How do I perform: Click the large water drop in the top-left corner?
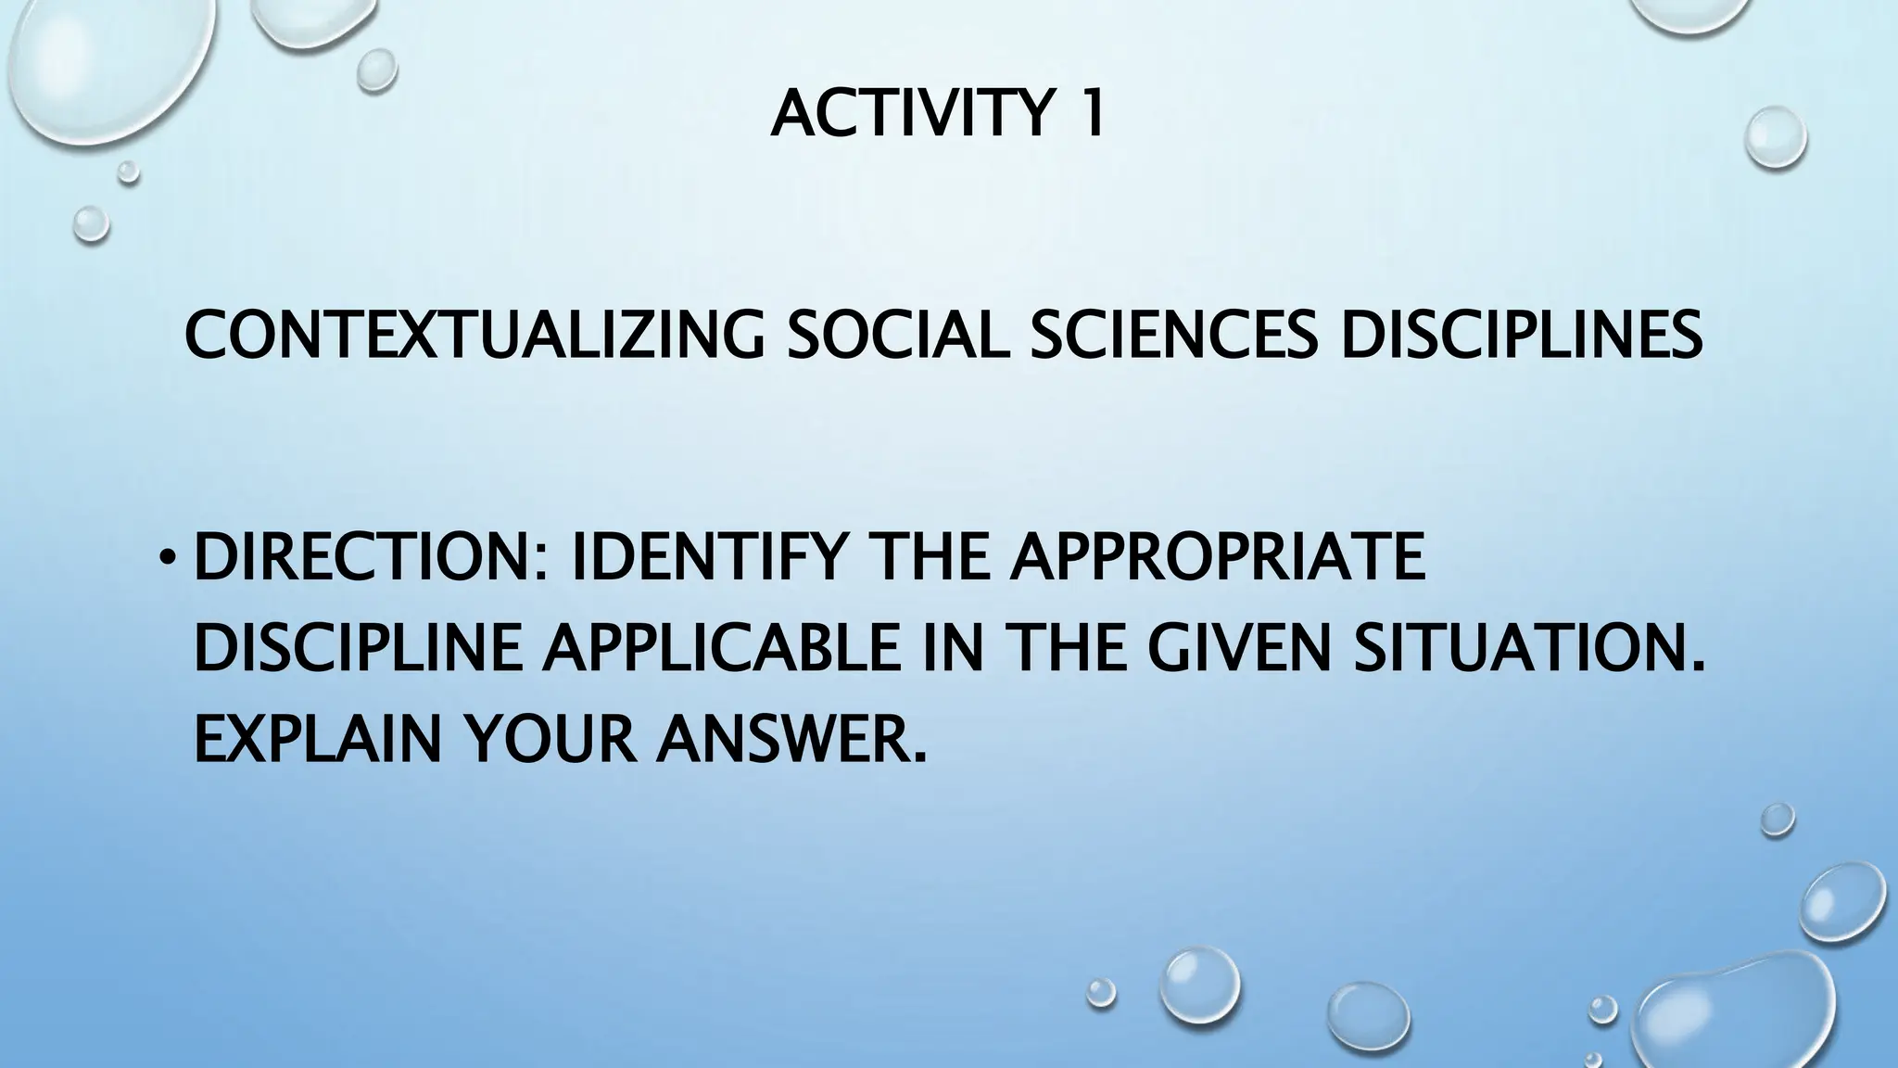point(102,65)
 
